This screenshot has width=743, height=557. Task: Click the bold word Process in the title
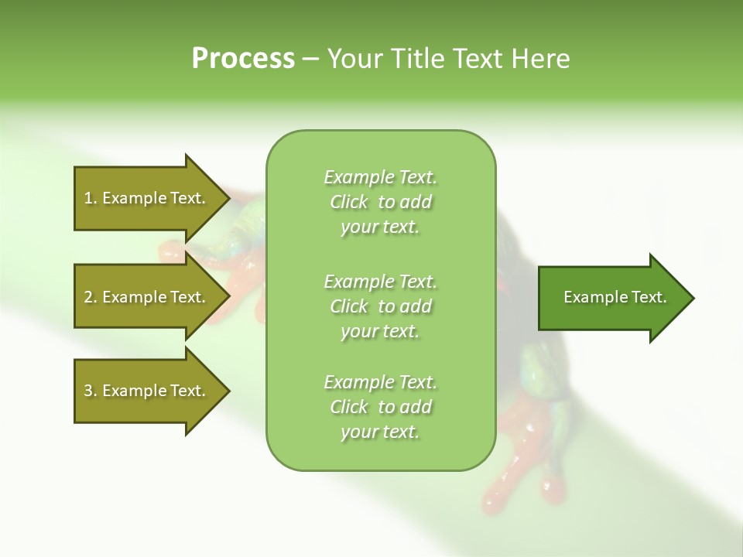coord(243,59)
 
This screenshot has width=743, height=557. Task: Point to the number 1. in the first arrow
coord(91,198)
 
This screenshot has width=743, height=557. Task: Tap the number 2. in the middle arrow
coord(91,297)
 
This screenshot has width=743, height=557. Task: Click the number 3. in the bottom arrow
coord(91,391)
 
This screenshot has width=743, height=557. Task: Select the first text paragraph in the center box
coord(380,202)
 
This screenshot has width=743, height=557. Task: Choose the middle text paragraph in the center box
coord(380,306)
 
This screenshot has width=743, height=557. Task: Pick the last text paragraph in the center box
coord(380,406)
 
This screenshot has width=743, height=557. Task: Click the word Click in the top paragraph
coord(349,203)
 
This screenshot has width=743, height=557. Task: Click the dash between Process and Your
coord(311,60)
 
